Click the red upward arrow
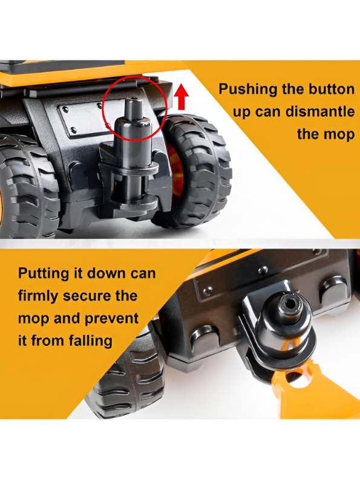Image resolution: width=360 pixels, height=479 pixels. coord(182,97)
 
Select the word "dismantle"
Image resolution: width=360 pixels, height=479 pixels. coord(320,111)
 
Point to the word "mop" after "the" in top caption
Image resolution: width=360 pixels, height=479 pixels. coord(341,135)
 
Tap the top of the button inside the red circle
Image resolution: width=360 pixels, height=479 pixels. coord(134,100)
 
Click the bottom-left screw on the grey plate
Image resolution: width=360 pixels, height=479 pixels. coord(74,131)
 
